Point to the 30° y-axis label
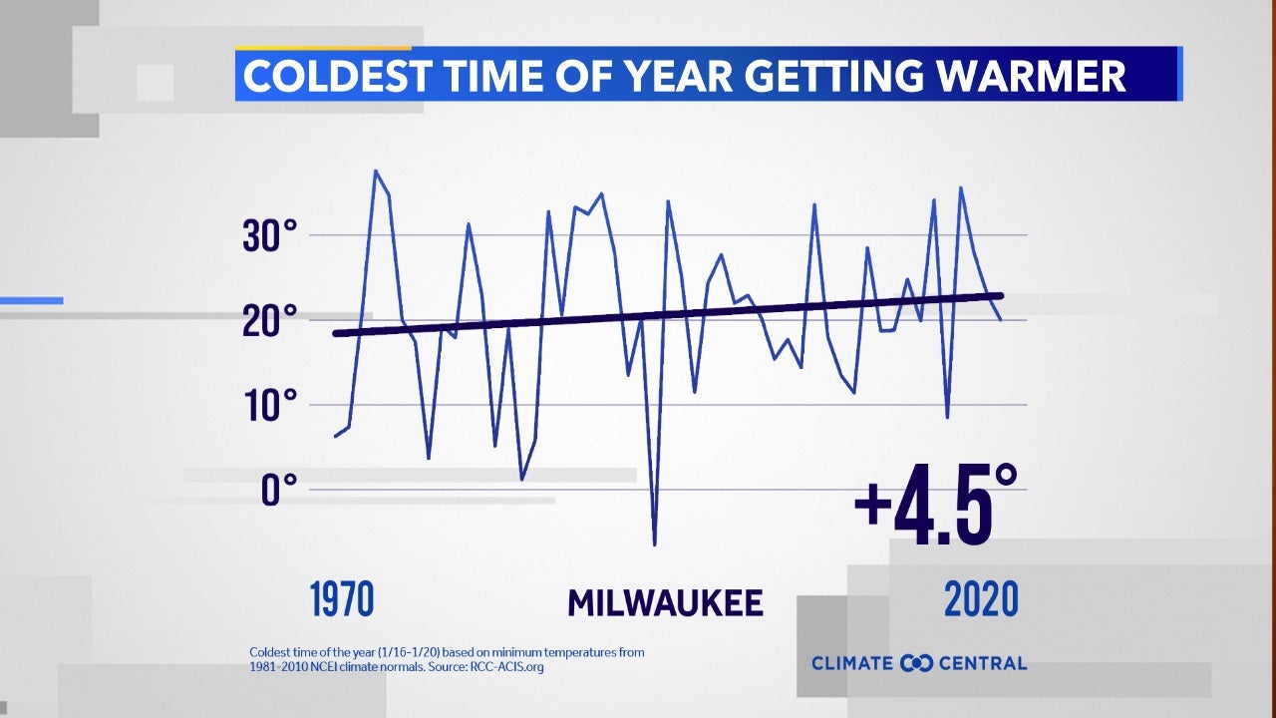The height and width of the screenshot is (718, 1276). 269,236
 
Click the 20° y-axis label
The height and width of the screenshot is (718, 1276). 269,321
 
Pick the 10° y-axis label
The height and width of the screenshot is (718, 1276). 269,406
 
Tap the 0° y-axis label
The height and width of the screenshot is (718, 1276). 279,490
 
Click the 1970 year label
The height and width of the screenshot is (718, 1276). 342,599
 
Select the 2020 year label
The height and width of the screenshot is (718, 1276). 981,599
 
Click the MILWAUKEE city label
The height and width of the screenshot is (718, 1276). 665,602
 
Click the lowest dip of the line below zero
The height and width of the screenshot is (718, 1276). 654,543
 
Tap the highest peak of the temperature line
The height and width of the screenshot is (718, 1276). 375,172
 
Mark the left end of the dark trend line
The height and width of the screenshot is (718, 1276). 337,333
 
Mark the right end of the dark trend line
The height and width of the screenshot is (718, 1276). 1000,295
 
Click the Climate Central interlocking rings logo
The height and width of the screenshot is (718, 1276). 916,663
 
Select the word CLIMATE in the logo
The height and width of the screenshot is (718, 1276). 852,663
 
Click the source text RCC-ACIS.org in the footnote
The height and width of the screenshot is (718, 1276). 507,666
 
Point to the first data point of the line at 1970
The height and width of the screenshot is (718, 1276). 336,436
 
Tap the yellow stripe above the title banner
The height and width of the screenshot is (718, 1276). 323,47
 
